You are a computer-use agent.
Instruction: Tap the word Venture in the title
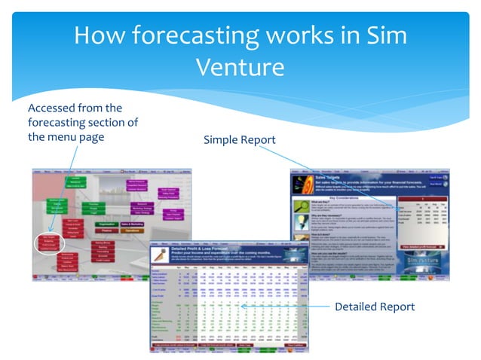(240, 66)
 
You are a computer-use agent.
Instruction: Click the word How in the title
(99, 35)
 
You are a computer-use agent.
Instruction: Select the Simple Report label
(239, 140)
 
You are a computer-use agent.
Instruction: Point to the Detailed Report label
(374, 307)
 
